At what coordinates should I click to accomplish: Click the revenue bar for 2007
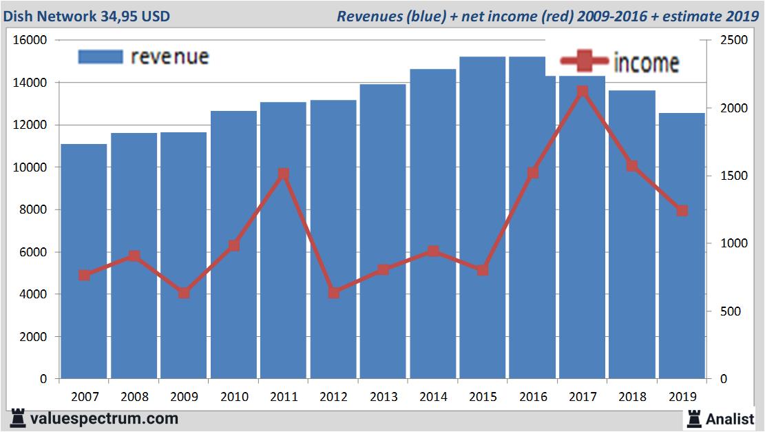84,262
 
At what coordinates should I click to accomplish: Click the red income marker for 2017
582,92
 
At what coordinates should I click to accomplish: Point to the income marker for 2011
284,174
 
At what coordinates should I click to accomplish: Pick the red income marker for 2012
334,293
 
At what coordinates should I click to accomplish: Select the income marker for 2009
184,293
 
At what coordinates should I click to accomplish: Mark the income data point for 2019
682,211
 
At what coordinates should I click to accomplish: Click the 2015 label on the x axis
483,397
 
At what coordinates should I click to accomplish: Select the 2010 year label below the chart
234,397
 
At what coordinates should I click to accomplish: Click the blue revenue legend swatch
101,56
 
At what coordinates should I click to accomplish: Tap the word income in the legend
646,63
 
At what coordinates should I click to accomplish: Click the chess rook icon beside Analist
693,418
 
